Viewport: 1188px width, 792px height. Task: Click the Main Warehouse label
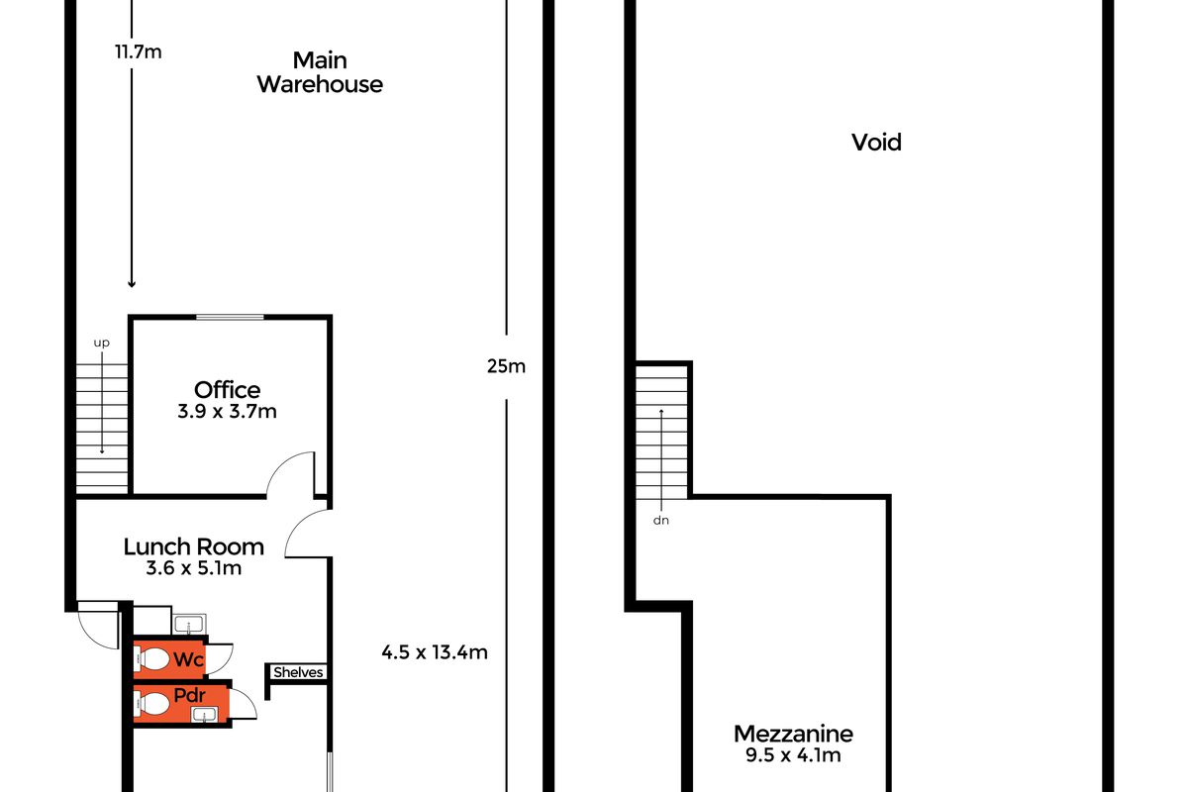click(x=320, y=72)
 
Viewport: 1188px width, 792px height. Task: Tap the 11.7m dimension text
click(x=139, y=52)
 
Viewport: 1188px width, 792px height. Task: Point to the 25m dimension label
click(x=506, y=366)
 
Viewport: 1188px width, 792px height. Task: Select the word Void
click(x=876, y=143)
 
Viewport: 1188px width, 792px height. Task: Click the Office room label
click(x=227, y=390)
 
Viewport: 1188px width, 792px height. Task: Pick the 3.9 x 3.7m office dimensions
click(x=227, y=411)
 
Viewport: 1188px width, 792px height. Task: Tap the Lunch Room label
click(x=194, y=546)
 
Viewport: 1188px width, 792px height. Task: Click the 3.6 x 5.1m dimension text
click(x=194, y=568)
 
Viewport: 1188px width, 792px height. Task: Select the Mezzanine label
click(x=793, y=734)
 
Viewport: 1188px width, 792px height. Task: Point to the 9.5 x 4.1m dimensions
click(x=793, y=754)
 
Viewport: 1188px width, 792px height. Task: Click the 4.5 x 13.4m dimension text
click(x=435, y=652)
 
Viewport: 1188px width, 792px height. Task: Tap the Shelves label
click(x=298, y=672)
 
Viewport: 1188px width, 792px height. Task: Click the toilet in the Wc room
click(x=150, y=659)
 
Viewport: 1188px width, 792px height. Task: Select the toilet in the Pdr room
click(x=150, y=704)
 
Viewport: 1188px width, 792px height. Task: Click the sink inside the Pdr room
click(x=205, y=714)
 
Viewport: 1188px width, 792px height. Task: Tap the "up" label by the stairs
click(x=102, y=343)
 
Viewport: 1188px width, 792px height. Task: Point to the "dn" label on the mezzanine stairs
click(x=661, y=521)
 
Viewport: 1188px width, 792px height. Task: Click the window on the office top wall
click(x=230, y=317)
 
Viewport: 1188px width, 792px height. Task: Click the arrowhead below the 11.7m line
click(x=132, y=284)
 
